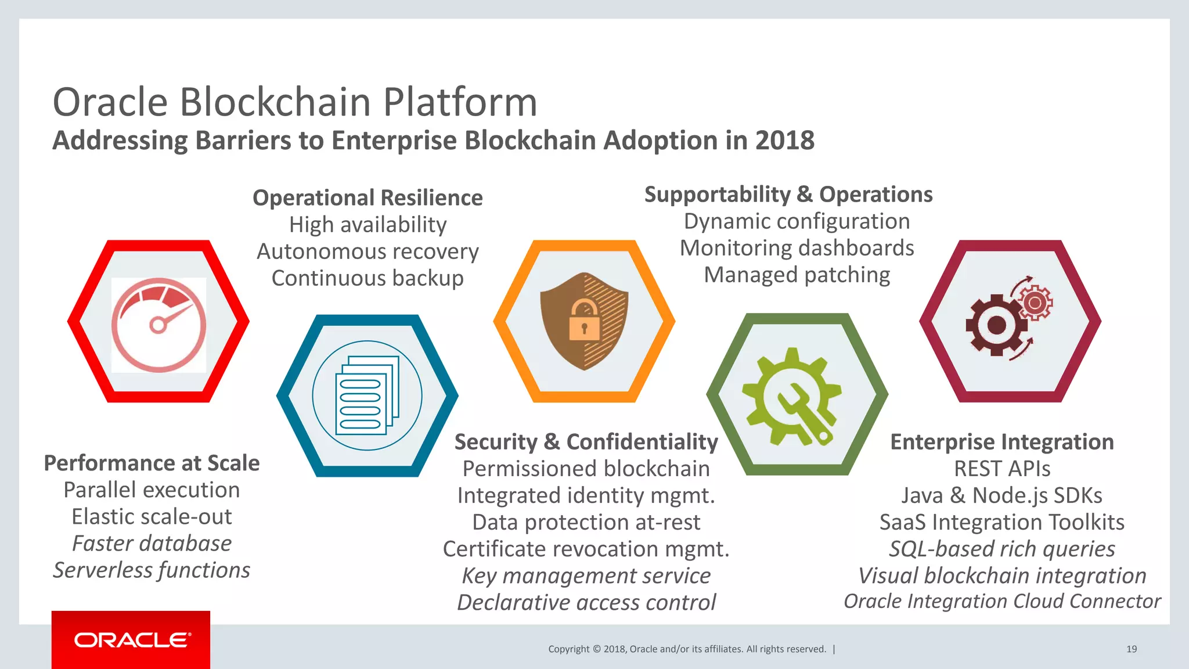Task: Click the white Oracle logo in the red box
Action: pyautogui.click(x=132, y=640)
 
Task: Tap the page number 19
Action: pyautogui.click(x=1131, y=649)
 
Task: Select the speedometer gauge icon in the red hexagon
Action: pyautogui.click(x=158, y=325)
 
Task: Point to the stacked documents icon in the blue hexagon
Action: pyautogui.click(x=367, y=395)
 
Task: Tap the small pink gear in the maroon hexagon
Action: pyautogui.click(x=1035, y=303)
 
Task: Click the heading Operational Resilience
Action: pyautogui.click(x=367, y=198)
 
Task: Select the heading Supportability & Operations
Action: pyautogui.click(x=788, y=195)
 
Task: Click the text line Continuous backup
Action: pyautogui.click(x=367, y=278)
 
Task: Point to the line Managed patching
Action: pyautogui.click(x=797, y=275)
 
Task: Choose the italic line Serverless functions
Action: pyautogui.click(x=152, y=570)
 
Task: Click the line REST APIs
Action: pyautogui.click(x=1002, y=469)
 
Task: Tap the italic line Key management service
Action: pyautogui.click(x=586, y=576)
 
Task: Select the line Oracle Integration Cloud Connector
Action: pyautogui.click(x=1002, y=601)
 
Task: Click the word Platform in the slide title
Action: pyautogui.click(x=460, y=102)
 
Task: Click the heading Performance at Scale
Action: pyautogui.click(x=152, y=463)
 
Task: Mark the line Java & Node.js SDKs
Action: pyautogui.click(x=1002, y=495)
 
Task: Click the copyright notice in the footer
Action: pyautogui.click(x=687, y=649)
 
